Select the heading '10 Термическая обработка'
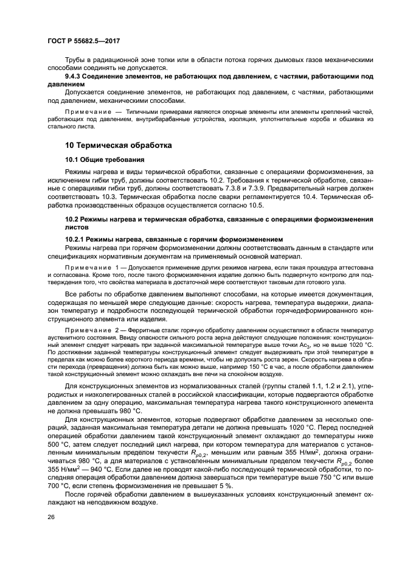[119, 145]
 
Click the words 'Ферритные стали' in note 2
[146, 329]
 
